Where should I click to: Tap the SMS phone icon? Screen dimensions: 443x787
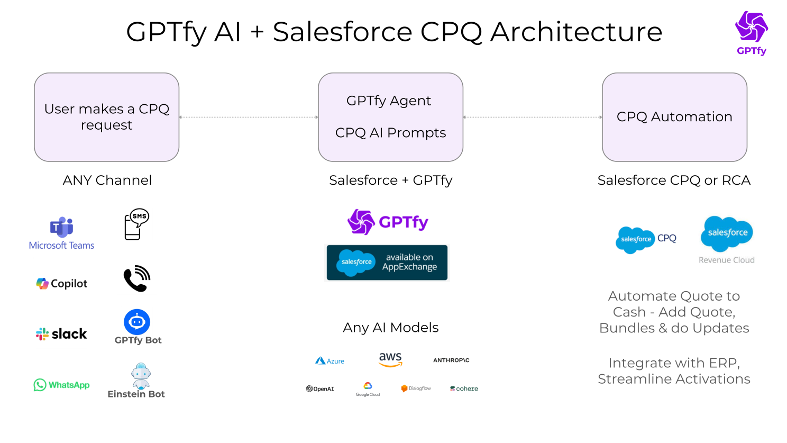136,224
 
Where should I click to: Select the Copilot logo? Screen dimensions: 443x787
61,284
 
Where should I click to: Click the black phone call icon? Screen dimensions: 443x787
136,278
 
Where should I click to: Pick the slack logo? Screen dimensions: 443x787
61,334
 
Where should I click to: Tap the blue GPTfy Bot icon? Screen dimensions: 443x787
137,322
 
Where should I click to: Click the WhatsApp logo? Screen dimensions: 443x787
61,385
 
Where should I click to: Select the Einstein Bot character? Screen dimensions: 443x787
141,376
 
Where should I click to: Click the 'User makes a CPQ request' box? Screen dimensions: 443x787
107,117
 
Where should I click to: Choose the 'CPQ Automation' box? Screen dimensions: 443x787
674,117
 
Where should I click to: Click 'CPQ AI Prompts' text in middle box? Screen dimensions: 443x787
390,133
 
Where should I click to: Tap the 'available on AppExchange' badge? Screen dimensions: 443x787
387,263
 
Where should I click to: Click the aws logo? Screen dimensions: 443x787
390,359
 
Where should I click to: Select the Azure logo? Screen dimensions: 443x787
330,361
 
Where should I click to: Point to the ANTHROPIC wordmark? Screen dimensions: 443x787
451,360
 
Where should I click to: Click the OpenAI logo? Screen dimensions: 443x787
320,388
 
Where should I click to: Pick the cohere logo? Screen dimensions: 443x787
464,388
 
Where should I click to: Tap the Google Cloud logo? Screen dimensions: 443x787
368,389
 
